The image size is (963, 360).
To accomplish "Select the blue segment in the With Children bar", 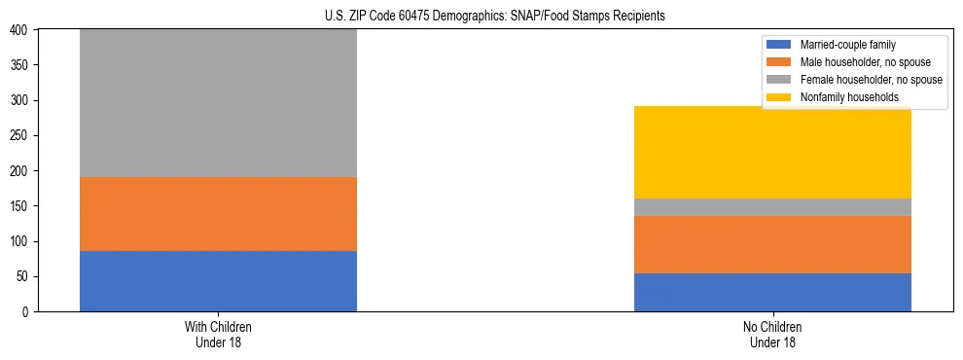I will [218, 281].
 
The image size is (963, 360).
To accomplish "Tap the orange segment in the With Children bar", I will [218, 214].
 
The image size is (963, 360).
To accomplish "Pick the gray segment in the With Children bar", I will [218, 103].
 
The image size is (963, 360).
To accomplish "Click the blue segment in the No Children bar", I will [772, 292].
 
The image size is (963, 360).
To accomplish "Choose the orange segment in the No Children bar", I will [772, 244].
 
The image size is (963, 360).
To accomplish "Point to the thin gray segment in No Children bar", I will [772, 207].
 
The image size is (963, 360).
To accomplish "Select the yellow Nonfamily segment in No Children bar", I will [772, 152].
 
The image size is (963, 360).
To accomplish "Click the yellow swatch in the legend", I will [780, 97].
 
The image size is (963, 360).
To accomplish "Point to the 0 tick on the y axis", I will [26, 312].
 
